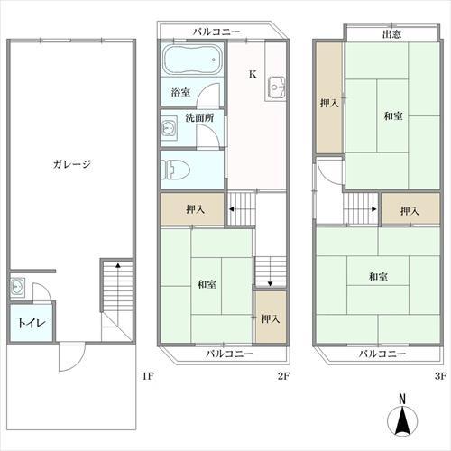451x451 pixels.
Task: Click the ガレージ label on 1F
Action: pyautogui.click(x=71, y=164)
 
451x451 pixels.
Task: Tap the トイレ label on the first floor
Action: pyautogui.click(x=32, y=323)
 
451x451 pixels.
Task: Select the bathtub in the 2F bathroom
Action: pyautogui.click(x=193, y=60)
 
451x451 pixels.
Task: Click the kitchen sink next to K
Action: pyautogui.click(x=275, y=87)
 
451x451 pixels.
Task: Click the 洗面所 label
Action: pyautogui.click(x=199, y=118)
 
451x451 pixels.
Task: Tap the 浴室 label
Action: pyautogui.click(x=180, y=92)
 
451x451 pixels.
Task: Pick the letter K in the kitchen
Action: pyautogui.click(x=253, y=74)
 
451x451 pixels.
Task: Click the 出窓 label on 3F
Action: pyautogui.click(x=391, y=34)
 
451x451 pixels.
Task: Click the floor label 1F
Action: pyautogui.click(x=148, y=376)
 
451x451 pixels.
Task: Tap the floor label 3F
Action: pyautogui.click(x=440, y=376)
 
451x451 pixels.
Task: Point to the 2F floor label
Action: pyautogui.click(x=283, y=376)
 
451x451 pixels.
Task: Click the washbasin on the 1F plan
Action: pyautogui.click(x=17, y=287)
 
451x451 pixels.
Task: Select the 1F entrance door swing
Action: pyautogui.click(x=72, y=358)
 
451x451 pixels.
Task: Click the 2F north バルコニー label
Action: pyautogui.click(x=216, y=32)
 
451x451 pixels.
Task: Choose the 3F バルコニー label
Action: pyautogui.click(x=382, y=354)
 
